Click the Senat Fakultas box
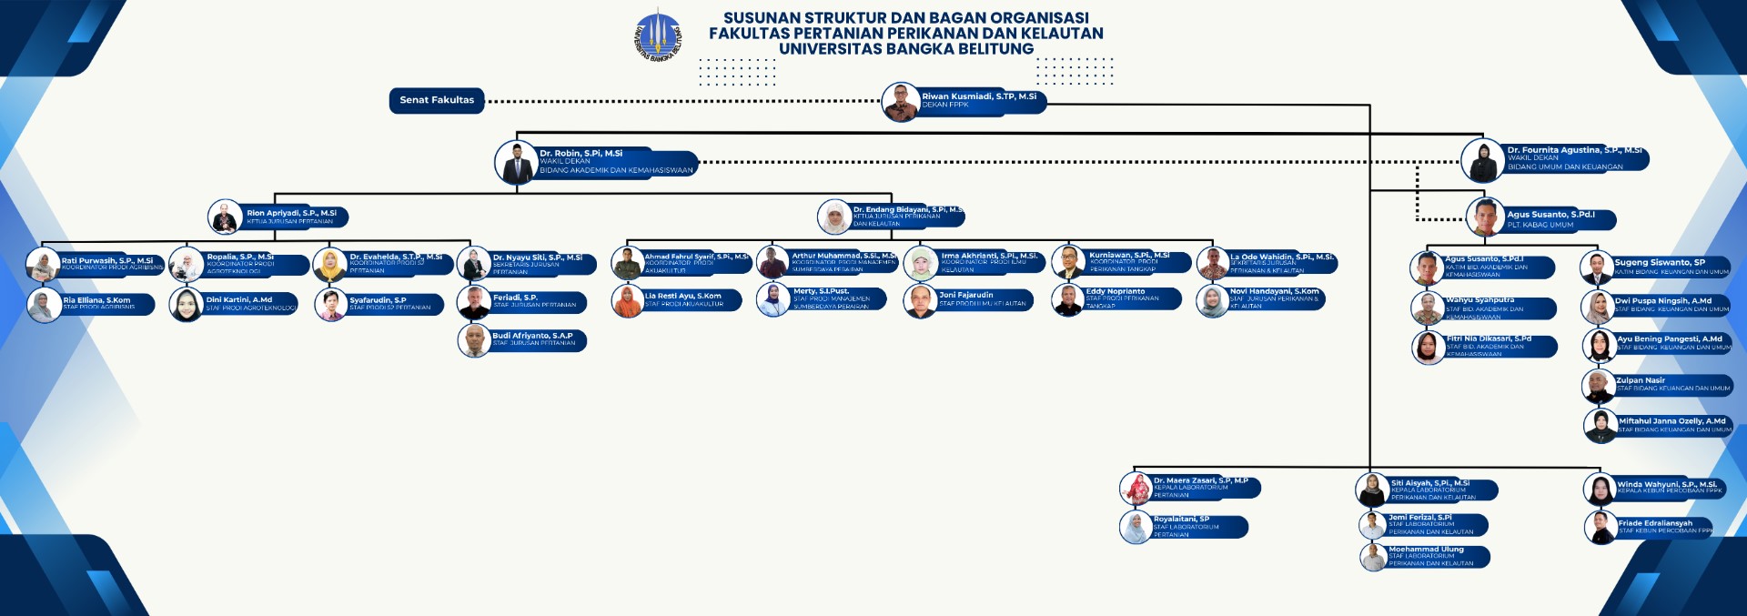click(437, 100)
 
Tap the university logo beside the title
click(658, 35)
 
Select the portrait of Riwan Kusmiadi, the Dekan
click(901, 102)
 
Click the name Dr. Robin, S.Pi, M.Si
click(581, 154)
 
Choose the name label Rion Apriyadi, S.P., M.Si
click(291, 213)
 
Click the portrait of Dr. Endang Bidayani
click(833, 217)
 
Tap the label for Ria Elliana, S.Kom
click(96, 300)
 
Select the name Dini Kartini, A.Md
click(239, 299)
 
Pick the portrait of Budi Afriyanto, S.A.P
click(474, 340)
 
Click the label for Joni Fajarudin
click(966, 295)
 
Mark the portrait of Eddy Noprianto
click(1067, 300)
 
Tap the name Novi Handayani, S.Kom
click(1274, 292)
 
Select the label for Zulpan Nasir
click(1641, 380)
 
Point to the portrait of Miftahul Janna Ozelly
click(1600, 426)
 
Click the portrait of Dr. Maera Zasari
click(1136, 489)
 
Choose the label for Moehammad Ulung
click(1426, 550)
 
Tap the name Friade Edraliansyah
click(1655, 523)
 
